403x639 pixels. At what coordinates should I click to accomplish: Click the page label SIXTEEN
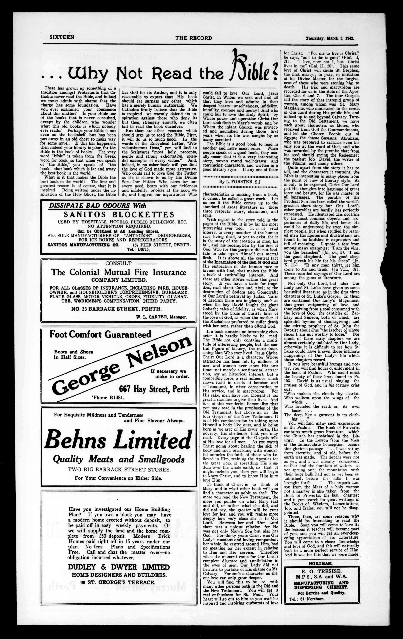(62, 37)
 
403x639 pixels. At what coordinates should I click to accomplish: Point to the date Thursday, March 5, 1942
(330, 38)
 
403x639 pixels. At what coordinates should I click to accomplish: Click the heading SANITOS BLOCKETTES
(119, 214)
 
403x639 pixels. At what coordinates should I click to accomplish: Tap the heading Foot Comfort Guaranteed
(100, 334)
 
